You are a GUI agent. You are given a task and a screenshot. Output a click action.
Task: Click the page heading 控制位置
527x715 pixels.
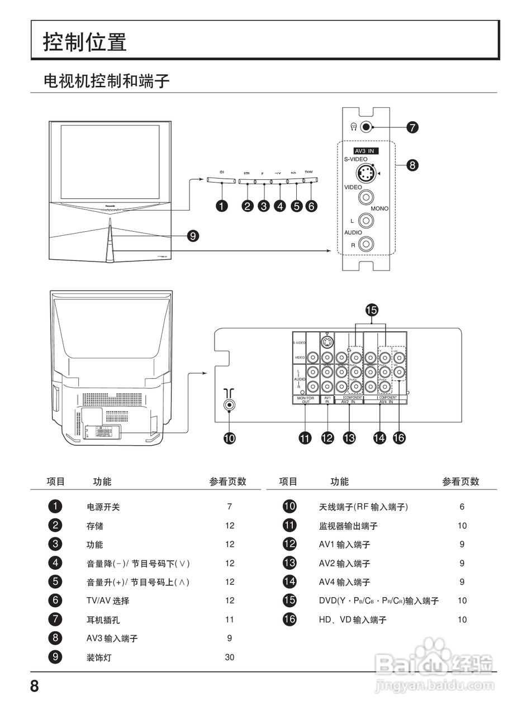coord(85,42)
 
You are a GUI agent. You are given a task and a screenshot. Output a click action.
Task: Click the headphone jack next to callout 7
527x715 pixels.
coord(366,127)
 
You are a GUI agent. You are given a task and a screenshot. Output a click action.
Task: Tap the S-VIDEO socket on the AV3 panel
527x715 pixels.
coord(365,174)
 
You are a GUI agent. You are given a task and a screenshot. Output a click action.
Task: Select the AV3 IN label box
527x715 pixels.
coord(366,151)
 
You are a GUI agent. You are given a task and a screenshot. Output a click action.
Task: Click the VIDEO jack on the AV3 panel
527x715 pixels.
coord(366,197)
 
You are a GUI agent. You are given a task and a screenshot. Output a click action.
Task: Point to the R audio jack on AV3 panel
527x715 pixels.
coord(366,244)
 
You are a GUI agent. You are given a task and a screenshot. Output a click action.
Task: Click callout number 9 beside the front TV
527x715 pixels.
coord(193,236)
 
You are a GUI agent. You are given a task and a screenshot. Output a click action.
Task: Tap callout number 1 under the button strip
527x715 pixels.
coord(222,206)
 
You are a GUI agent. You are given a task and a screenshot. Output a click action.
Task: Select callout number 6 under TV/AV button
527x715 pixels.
coord(311,206)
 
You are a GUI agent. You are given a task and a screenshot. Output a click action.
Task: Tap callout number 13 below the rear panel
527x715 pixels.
coord(349,438)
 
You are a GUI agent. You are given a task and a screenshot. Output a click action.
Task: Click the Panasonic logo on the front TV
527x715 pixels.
coord(110,205)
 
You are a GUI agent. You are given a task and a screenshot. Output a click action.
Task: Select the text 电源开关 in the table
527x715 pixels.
coord(103,507)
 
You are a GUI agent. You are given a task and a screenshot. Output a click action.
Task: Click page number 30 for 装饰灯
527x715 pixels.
coord(230,657)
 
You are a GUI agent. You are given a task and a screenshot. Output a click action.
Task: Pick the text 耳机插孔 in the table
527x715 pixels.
coord(103,619)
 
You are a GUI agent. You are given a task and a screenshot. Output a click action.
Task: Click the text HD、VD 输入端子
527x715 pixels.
coord(353,619)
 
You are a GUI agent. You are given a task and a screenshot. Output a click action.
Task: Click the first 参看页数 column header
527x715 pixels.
coord(227,482)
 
